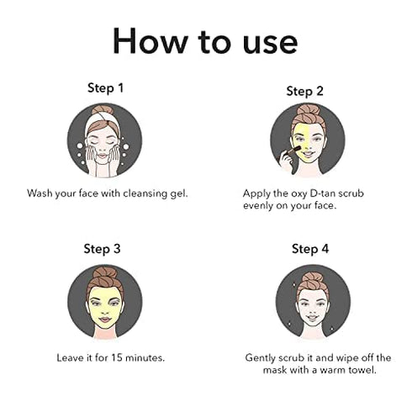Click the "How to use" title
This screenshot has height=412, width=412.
pyautogui.click(x=206, y=40)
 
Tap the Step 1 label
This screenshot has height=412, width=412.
pyautogui.click(x=105, y=87)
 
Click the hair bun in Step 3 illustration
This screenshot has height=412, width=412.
pyautogui.click(x=104, y=273)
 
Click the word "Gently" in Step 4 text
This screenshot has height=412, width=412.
pyautogui.click(x=263, y=357)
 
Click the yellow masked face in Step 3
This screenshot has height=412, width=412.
pyautogui.click(x=104, y=304)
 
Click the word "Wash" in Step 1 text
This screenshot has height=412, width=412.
pyautogui.click(x=41, y=193)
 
